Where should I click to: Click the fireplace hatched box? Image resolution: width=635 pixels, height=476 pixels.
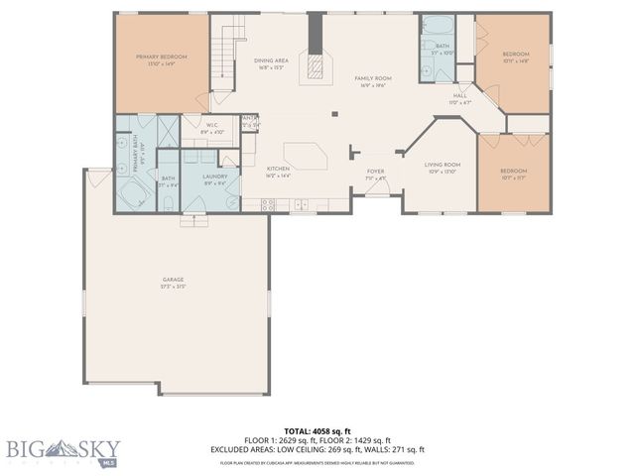[x=316, y=65]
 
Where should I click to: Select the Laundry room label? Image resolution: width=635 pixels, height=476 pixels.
[x=215, y=180]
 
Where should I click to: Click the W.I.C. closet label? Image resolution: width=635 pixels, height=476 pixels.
[x=211, y=127]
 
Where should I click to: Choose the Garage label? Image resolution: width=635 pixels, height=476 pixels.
[x=174, y=282]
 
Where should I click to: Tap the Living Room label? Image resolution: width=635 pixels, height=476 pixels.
[x=443, y=167]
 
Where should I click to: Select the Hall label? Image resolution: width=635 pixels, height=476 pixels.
[x=460, y=97]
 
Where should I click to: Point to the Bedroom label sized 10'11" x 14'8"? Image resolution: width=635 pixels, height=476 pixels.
[x=515, y=57]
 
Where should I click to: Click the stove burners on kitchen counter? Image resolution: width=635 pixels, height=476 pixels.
[x=267, y=204]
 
